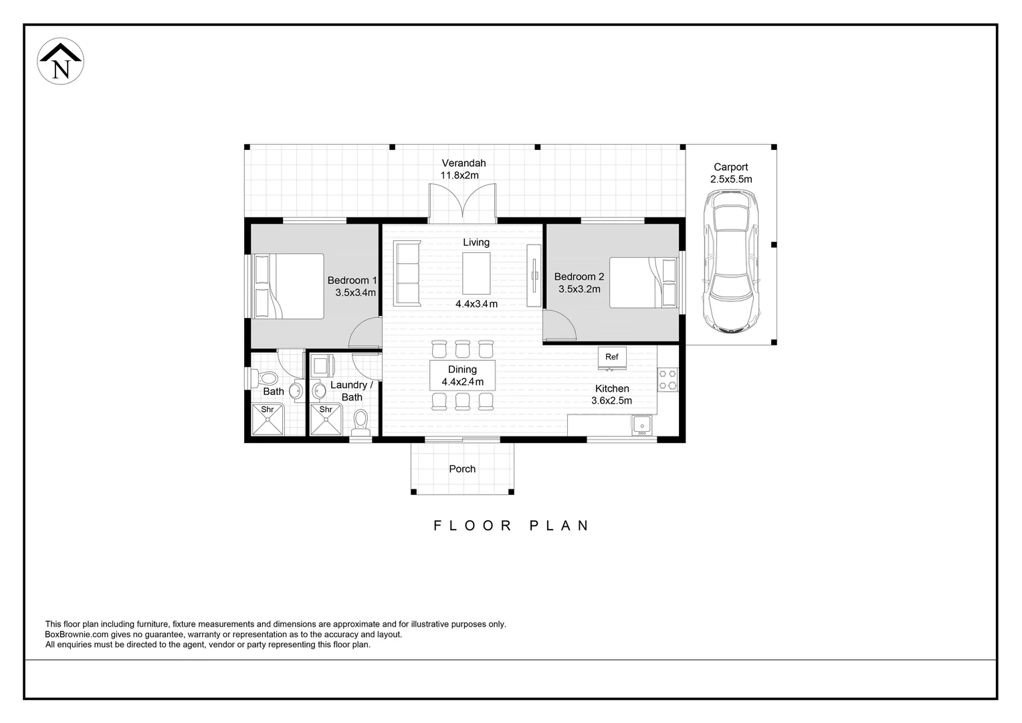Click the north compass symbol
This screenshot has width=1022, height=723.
tap(60, 61)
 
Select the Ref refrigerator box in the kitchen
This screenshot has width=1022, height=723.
tap(611, 357)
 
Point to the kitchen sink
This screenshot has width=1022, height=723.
tap(641, 425)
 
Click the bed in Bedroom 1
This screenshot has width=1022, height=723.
tap(288, 286)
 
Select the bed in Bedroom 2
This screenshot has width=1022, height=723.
tap(643, 283)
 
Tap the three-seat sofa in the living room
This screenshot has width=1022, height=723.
tap(406, 274)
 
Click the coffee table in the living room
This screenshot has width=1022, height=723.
tap(476, 272)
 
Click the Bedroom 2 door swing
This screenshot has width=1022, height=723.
tap(559, 327)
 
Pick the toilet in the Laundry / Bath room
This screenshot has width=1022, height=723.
tap(361, 422)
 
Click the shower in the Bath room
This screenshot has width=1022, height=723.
tap(268, 420)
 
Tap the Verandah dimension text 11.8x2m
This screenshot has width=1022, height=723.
tap(459, 175)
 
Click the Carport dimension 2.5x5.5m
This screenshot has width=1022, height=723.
tap(731, 179)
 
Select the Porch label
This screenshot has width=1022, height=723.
tap(462, 469)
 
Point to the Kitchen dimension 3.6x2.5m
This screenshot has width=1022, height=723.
tap(611, 401)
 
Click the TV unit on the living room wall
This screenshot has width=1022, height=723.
tap(533, 275)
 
